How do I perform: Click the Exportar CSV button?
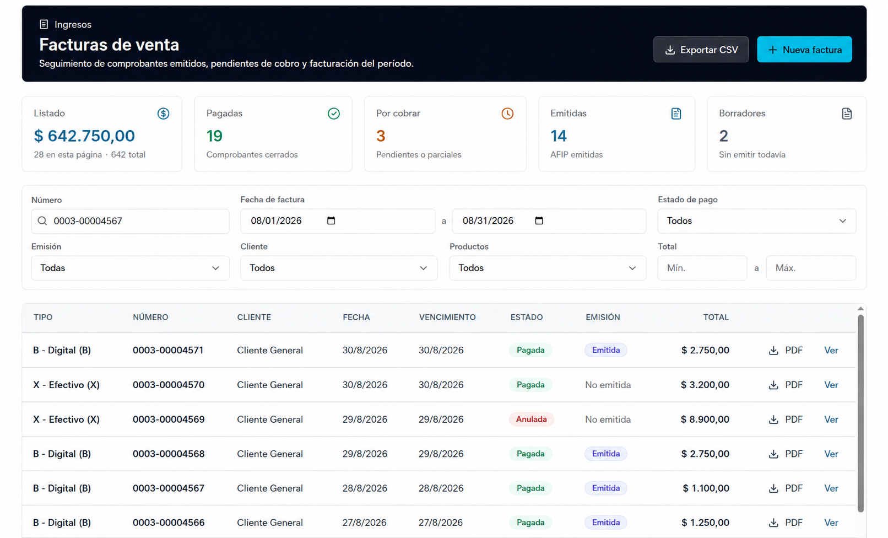click(x=701, y=50)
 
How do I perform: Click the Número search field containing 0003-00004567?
click(x=130, y=221)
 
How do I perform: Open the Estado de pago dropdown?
click(x=756, y=221)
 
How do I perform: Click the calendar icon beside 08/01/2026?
click(x=331, y=220)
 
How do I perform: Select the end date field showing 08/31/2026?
click(x=549, y=221)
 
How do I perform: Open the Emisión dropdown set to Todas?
click(x=130, y=268)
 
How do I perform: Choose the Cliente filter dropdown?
click(x=339, y=268)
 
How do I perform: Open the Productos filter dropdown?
click(x=548, y=268)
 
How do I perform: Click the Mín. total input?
click(x=702, y=268)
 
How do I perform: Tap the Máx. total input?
click(x=811, y=268)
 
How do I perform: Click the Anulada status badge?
click(x=531, y=419)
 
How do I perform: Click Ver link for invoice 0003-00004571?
click(x=831, y=351)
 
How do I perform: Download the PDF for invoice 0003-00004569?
click(x=786, y=419)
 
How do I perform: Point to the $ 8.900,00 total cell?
click(x=705, y=419)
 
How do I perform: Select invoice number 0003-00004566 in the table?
click(x=169, y=523)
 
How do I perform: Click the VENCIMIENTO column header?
click(x=447, y=317)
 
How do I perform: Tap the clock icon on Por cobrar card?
click(x=507, y=114)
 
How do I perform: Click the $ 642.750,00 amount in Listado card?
click(x=84, y=136)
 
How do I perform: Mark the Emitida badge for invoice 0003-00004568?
click(x=606, y=454)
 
